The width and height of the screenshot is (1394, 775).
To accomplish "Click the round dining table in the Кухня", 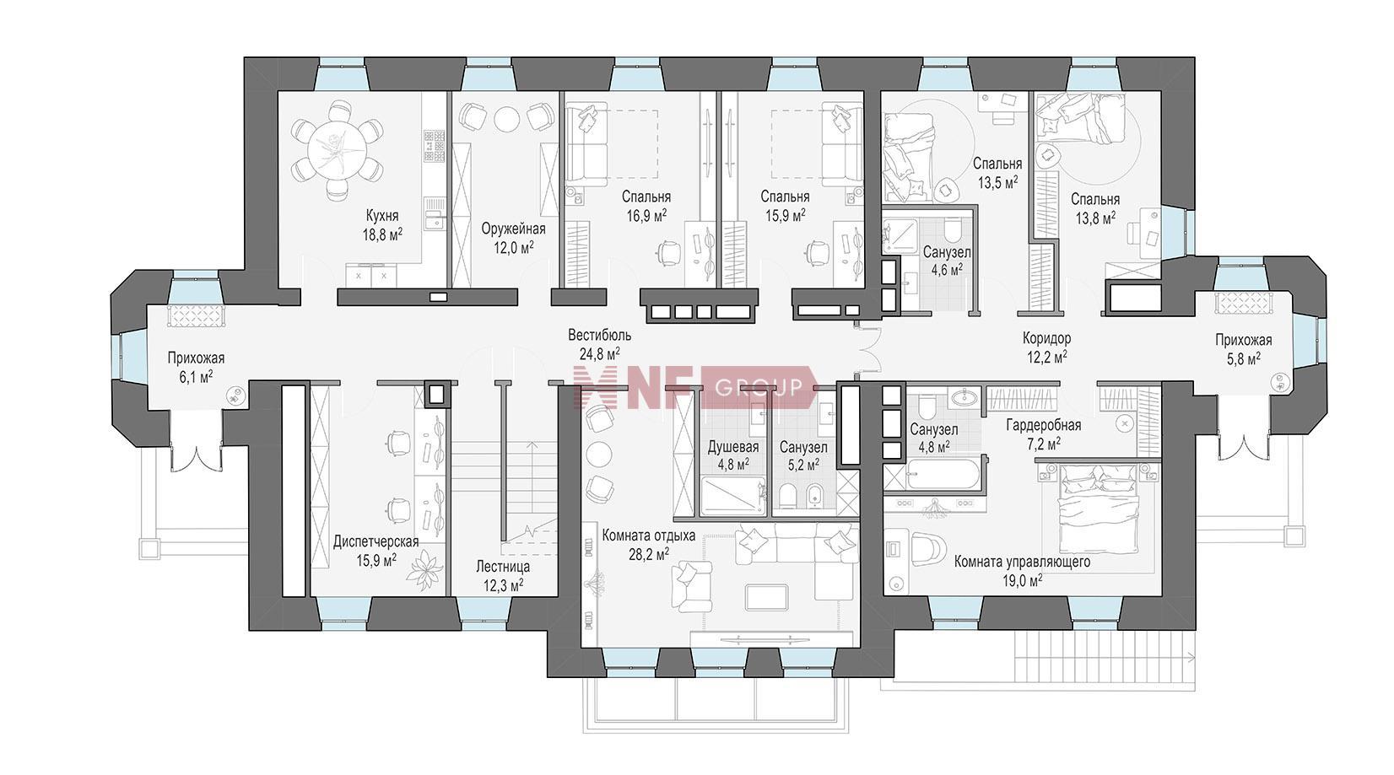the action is (x=337, y=150).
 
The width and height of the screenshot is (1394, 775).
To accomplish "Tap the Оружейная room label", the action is (x=513, y=229).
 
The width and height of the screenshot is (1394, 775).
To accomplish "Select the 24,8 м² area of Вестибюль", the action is (x=594, y=354).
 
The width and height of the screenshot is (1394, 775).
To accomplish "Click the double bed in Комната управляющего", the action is (x=1101, y=509).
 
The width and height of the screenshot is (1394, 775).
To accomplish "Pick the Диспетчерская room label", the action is (x=376, y=541).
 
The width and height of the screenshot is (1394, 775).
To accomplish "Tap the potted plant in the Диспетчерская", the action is (x=425, y=571).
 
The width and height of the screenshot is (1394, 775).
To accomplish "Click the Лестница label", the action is (x=503, y=567).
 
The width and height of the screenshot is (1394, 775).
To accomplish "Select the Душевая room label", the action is (x=733, y=447).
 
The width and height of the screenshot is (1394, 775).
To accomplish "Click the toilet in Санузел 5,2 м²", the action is (x=788, y=497).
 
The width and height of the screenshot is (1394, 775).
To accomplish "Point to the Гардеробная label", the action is (x=1044, y=425).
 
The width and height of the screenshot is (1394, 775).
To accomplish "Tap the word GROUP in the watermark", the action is (x=759, y=388).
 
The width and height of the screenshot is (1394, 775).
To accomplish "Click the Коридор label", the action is (x=1046, y=338).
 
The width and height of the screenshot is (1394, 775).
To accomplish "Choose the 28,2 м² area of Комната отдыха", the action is (x=649, y=554).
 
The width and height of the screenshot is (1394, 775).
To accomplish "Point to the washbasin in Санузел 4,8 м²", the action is (x=965, y=396).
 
